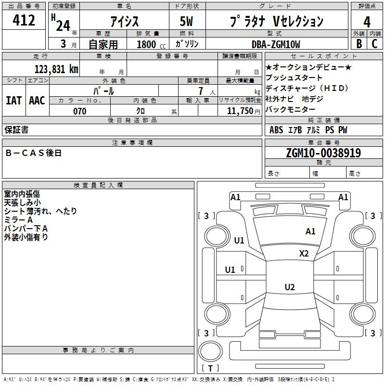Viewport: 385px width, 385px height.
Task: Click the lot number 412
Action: (24, 20)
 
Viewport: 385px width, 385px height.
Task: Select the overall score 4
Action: (367, 22)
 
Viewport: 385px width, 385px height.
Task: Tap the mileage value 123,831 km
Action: (56, 69)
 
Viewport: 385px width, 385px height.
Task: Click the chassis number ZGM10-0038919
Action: (323, 153)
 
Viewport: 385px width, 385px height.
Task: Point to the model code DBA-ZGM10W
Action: (276, 44)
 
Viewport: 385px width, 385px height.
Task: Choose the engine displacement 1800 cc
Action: (151, 44)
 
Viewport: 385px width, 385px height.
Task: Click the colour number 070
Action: (80, 111)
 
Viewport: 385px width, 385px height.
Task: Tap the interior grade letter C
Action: (374, 44)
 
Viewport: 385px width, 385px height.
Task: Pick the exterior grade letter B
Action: (359, 44)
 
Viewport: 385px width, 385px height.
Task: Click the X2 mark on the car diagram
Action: (304, 254)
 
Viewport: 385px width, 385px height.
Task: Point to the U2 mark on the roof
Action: (290, 287)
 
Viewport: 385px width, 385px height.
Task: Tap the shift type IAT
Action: (14, 101)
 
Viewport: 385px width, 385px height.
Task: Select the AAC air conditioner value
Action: (37, 101)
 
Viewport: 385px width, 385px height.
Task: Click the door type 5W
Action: (186, 21)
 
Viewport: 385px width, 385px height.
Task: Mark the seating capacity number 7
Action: (201, 91)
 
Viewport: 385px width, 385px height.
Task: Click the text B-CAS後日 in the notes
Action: (33, 153)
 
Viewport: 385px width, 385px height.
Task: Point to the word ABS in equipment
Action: (276, 130)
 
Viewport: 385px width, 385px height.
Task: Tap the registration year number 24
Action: (63, 26)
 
